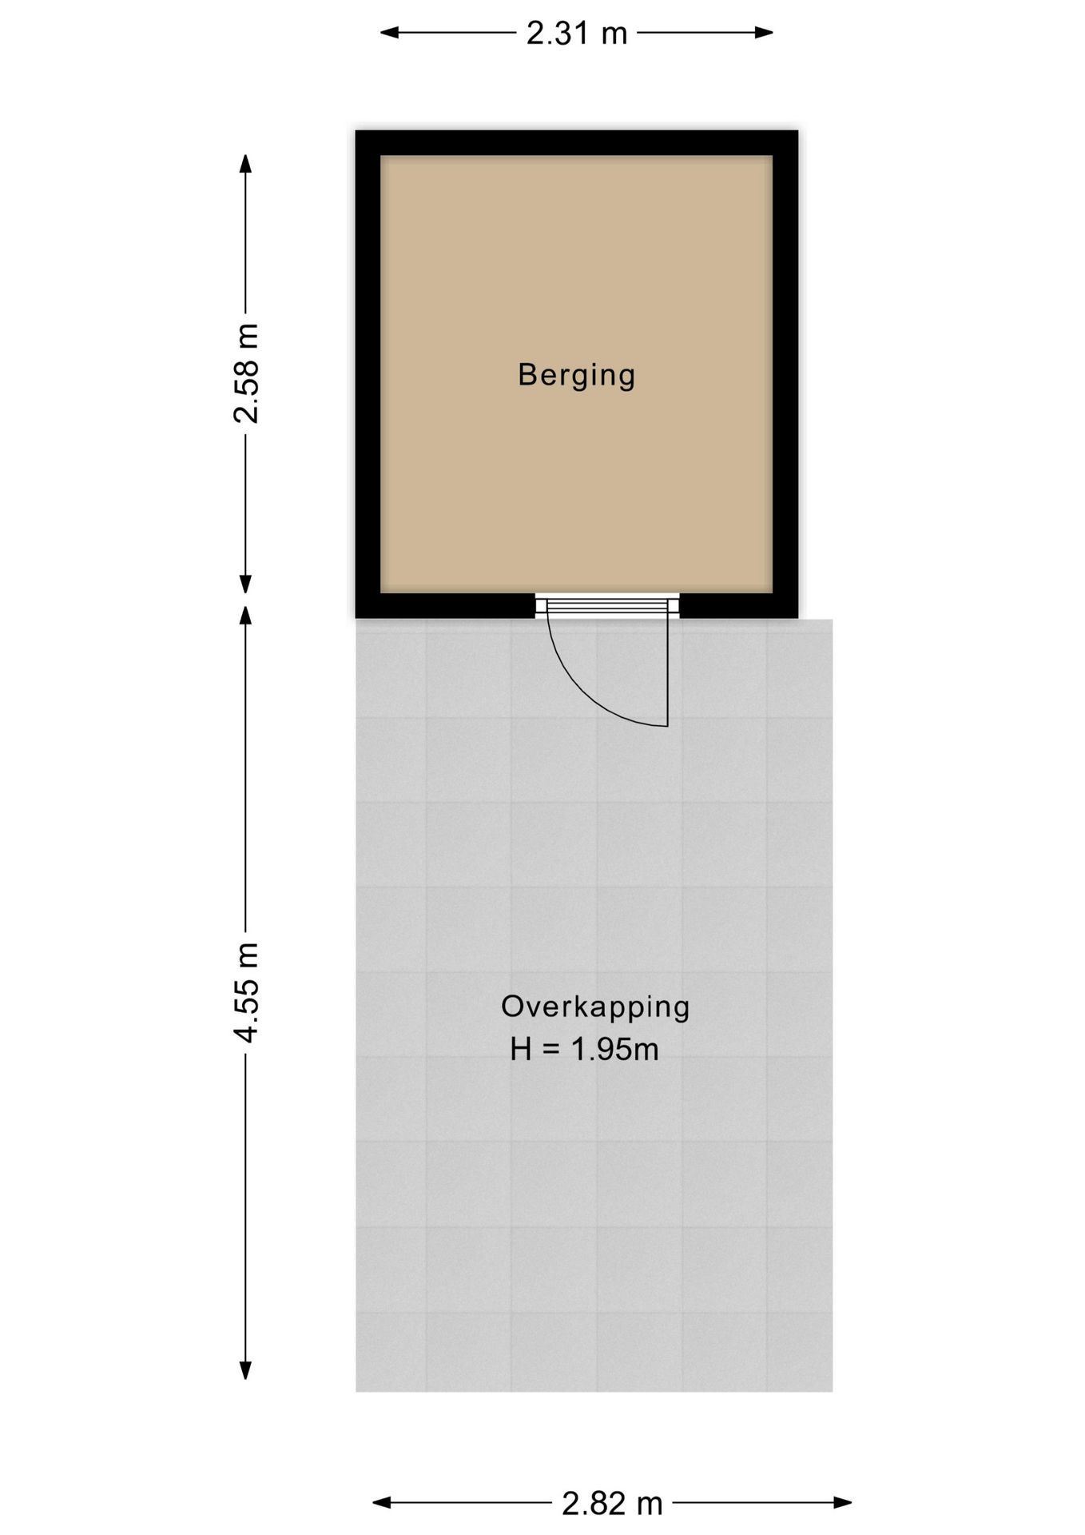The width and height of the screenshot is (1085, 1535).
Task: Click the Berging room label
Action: [x=576, y=374]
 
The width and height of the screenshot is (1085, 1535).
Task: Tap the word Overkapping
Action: [x=595, y=1007]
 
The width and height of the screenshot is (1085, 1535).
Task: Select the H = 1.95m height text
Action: [x=585, y=1049]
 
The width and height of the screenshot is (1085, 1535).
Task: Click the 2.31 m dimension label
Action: [x=577, y=33]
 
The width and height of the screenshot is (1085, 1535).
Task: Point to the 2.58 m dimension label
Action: [x=245, y=373]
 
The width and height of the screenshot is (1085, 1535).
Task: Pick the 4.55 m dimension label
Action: [x=245, y=992]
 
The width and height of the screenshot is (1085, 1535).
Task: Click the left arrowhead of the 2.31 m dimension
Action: [x=389, y=33]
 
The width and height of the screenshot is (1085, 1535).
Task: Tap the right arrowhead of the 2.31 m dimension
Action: [x=764, y=33]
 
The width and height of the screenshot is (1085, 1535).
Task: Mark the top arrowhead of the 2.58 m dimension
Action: [x=245, y=163]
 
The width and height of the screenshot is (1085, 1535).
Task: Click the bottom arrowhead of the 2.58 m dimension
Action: [x=245, y=584]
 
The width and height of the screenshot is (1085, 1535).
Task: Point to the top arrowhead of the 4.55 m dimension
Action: [x=245, y=615]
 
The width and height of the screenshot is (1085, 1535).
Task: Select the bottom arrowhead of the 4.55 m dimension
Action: [x=245, y=1370]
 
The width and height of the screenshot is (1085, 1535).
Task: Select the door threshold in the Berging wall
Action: [x=607, y=605]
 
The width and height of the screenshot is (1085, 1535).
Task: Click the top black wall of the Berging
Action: [x=577, y=142]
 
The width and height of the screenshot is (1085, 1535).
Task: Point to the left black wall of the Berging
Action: [x=368, y=374]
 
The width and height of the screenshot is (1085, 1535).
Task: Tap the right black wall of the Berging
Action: [x=785, y=374]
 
